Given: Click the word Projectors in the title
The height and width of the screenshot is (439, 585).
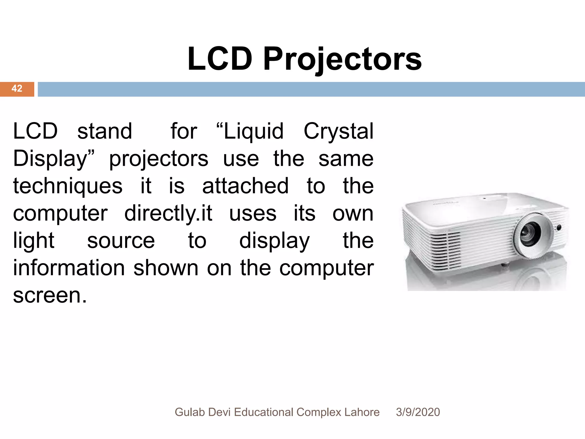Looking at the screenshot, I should point(342,59).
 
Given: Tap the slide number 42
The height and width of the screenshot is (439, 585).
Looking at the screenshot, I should point(17,88).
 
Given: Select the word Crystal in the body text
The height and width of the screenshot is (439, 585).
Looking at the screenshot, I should point(338,131).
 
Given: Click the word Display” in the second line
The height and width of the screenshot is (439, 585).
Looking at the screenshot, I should point(53,159).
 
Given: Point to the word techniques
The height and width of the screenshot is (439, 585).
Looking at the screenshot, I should point(68,186).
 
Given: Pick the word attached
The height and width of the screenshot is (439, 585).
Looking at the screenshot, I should point(245,186).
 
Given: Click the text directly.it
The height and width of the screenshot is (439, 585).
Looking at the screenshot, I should point(168,213).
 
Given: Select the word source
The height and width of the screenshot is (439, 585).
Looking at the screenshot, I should point(121,241).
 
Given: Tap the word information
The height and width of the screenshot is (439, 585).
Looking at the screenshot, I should point(69,268).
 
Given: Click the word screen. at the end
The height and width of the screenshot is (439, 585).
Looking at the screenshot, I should point(50,296).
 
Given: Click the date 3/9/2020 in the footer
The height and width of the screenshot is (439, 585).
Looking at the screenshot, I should point(418,412).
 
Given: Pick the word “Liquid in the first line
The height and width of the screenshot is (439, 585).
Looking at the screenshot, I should point(250,131).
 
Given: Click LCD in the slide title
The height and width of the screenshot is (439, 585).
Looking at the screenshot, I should point(220,59).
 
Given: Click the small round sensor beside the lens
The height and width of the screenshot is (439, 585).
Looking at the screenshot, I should point(559,228).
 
